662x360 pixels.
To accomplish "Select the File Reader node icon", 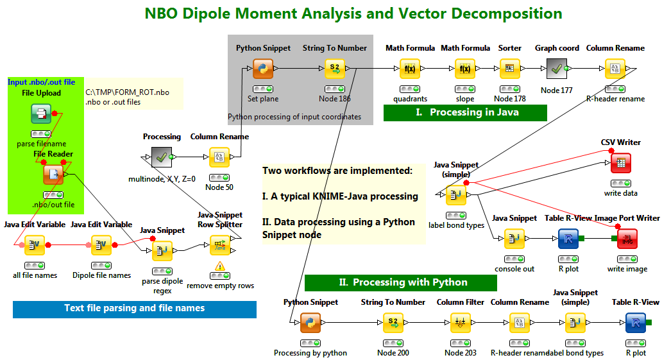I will pyautogui.click(x=53, y=175).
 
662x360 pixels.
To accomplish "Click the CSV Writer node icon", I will pyautogui.click(x=620, y=163).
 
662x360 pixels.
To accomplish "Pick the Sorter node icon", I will pyautogui.click(x=509, y=68).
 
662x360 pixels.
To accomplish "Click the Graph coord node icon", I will pyautogui.click(x=557, y=68).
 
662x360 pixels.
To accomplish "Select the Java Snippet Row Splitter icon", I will pyautogui.click(x=220, y=245).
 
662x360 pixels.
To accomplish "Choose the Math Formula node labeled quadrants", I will pyautogui.click(x=411, y=68).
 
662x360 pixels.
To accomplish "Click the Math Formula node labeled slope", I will pyautogui.click(x=465, y=68).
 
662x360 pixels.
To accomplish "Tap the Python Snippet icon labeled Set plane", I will pyautogui.click(x=263, y=68).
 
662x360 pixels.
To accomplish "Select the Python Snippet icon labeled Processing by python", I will pyautogui.click(x=310, y=323).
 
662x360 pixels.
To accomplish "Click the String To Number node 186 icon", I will pyautogui.click(x=335, y=68).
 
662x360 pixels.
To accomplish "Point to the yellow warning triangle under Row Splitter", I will pyautogui.click(x=220, y=266).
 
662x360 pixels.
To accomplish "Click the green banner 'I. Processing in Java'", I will pyautogui.click(x=465, y=112).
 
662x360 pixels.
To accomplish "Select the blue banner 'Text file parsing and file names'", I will pyautogui.click(x=135, y=309).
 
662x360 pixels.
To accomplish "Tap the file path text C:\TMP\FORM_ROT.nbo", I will pyautogui.click(x=127, y=92).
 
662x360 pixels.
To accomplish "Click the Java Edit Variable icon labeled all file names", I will pyautogui.click(x=35, y=245).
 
